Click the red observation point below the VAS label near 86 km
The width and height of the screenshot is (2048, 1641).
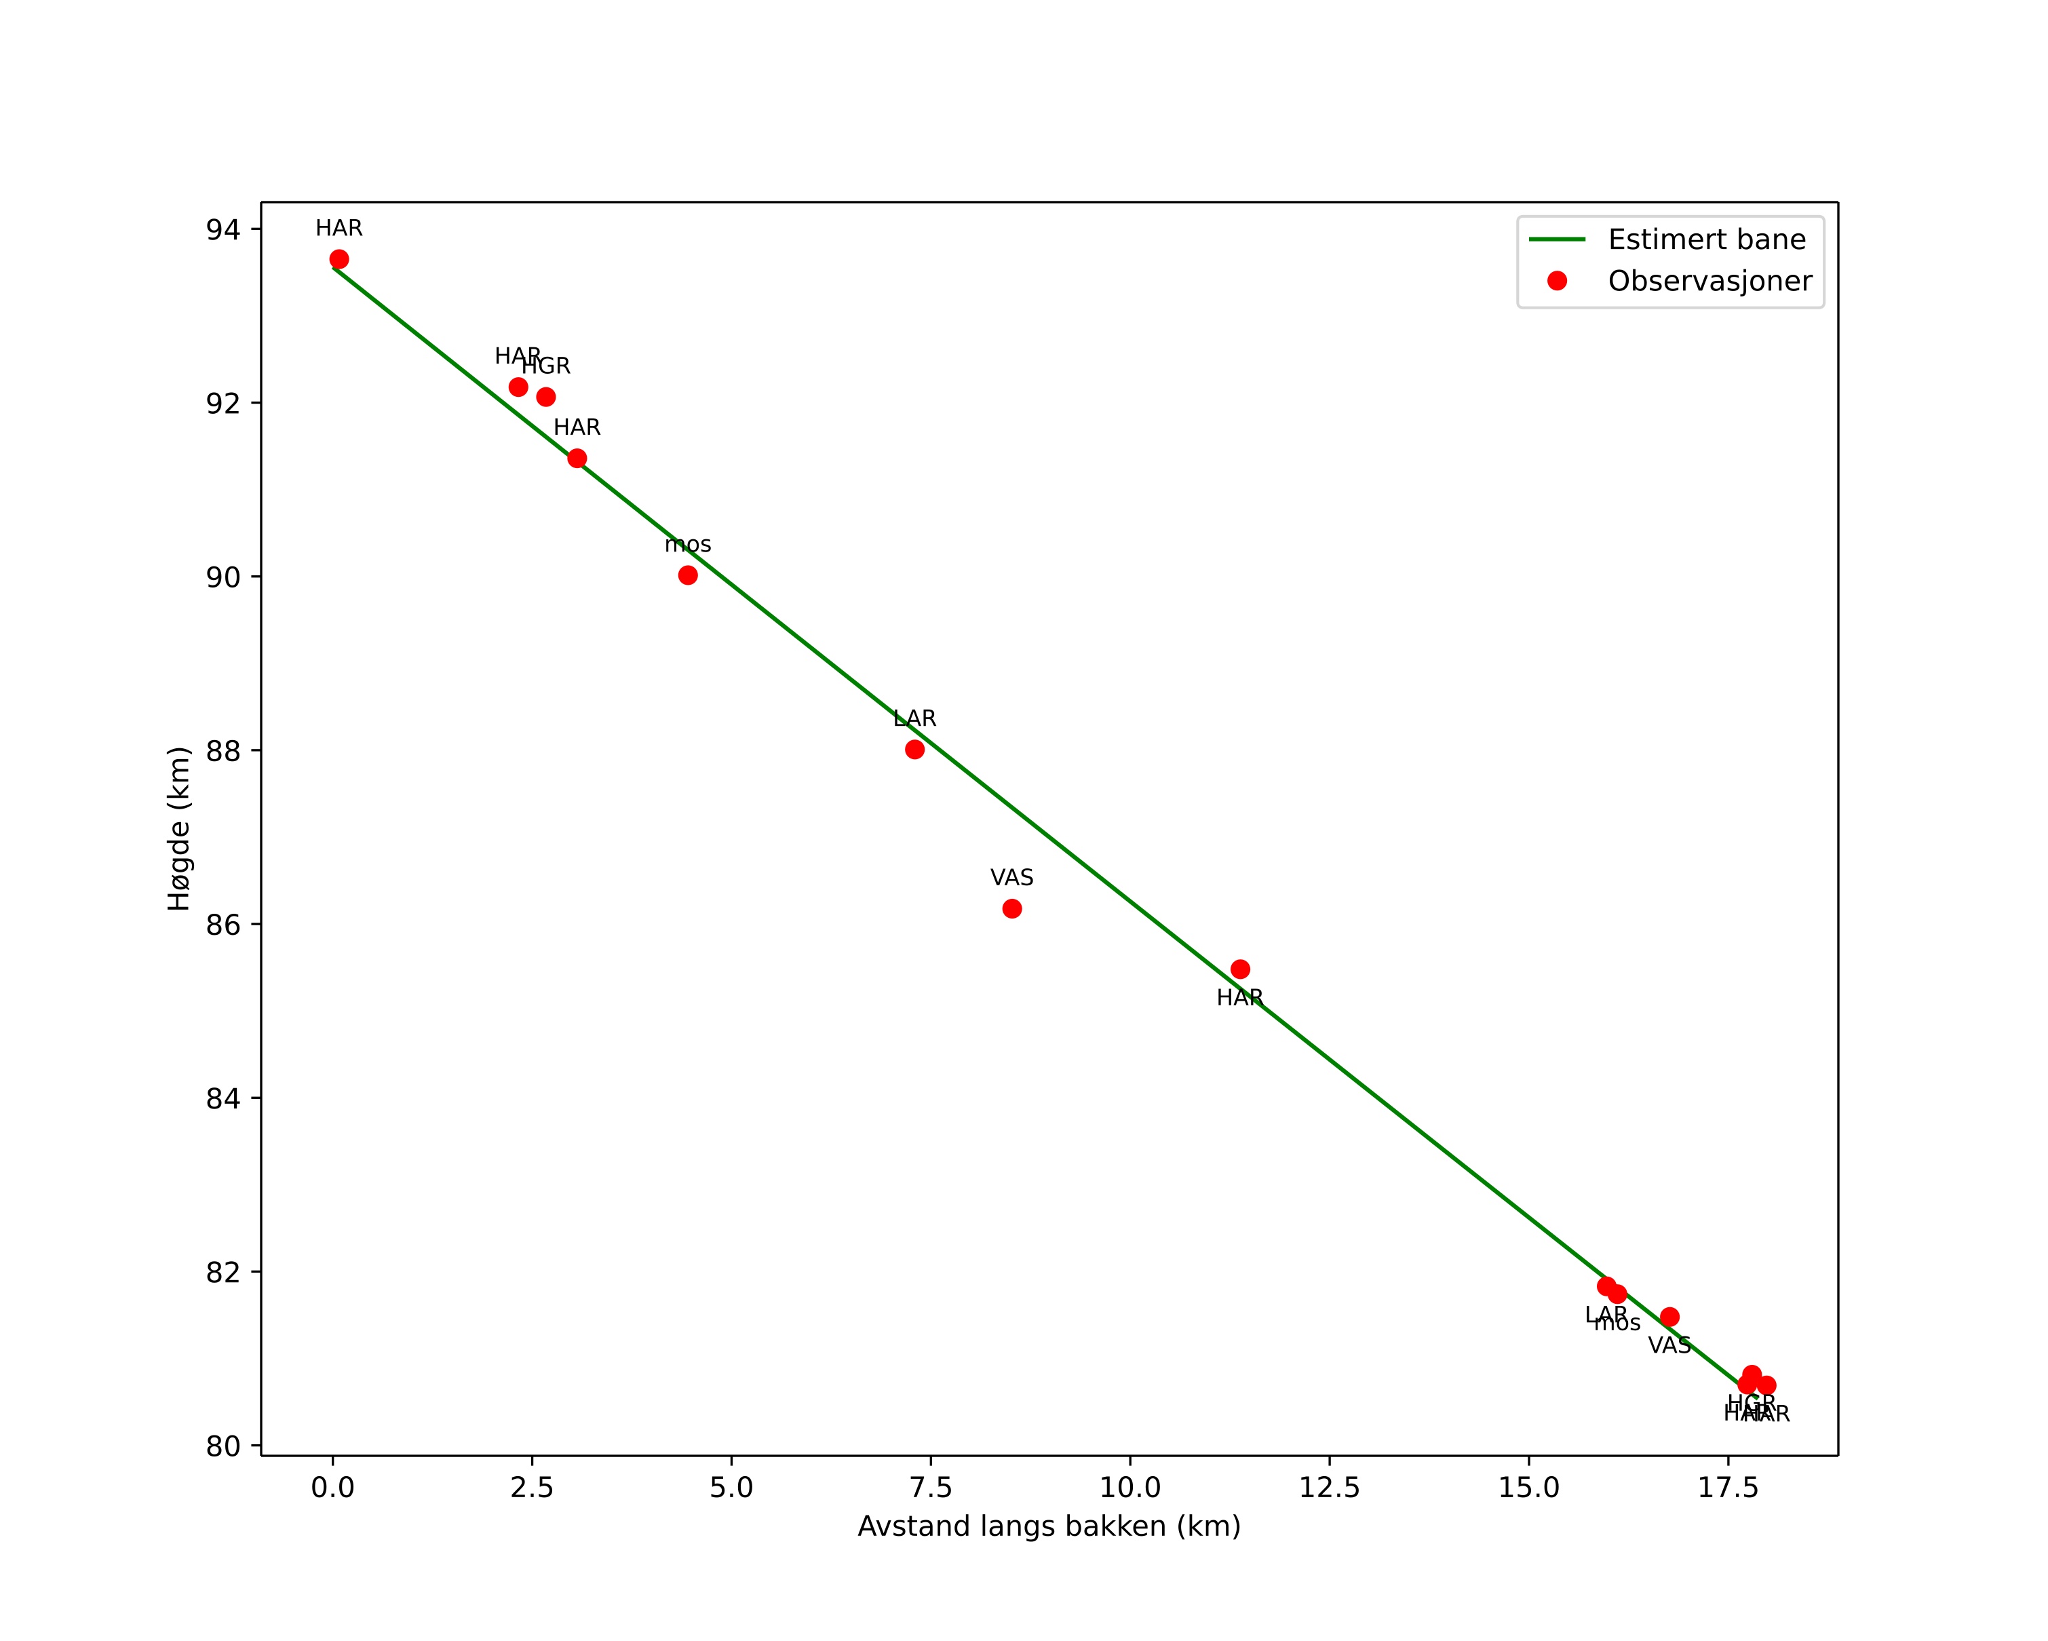[1011, 909]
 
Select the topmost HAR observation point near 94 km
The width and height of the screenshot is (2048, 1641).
[339, 259]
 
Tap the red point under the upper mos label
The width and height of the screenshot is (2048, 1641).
[688, 575]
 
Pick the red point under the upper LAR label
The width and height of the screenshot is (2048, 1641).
[914, 750]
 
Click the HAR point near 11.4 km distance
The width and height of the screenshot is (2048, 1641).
[1239, 969]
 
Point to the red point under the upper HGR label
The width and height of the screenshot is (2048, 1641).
[546, 397]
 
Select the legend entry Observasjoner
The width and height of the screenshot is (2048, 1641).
[1710, 281]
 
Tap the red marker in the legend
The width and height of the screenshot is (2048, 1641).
[1557, 281]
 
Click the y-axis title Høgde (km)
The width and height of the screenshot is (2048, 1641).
[178, 828]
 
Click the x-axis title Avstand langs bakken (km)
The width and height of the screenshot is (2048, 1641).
[1049, 1526]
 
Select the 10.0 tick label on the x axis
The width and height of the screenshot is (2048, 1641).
[1129, 1487]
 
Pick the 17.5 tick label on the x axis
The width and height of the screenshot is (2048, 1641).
[1728, 1487]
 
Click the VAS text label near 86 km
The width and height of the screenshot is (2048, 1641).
[1011, 877]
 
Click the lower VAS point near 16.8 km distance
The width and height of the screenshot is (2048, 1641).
[1669, 1316]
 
